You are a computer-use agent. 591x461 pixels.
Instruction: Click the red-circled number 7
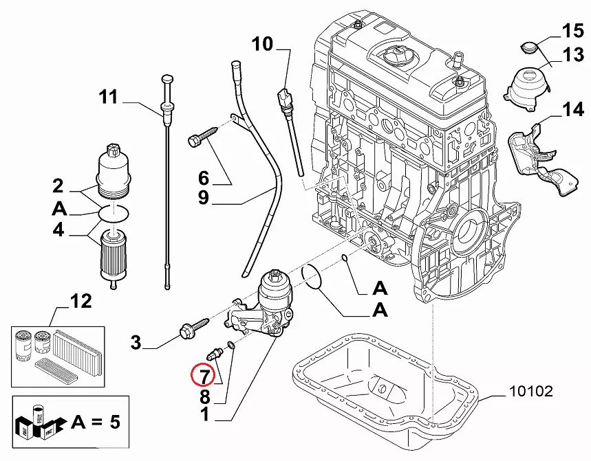coord(204,375)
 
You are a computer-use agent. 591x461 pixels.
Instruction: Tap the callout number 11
coord(108,97)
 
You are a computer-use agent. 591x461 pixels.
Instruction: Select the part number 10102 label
coord(530,392)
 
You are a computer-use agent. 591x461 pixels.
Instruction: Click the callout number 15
coord(572,31)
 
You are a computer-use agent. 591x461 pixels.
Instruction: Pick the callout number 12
coord(80,300)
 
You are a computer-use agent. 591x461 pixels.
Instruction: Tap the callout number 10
coord(262,45)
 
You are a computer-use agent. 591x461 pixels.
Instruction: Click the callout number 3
coord(136,341)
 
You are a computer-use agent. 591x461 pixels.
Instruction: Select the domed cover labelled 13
coord(528,86)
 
